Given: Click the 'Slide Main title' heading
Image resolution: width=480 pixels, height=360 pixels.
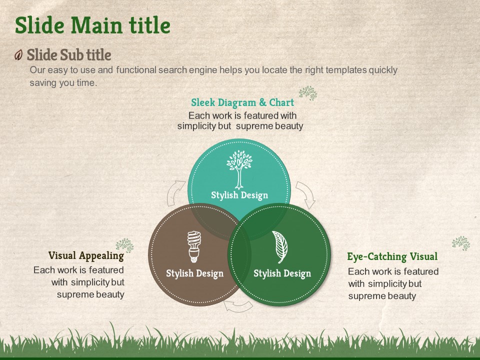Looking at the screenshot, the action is [x=92, y=25].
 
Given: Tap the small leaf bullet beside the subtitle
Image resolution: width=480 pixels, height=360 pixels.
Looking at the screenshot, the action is [x=18, y=55].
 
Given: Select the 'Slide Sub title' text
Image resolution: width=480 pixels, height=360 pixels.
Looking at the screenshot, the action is [x=69, y=55].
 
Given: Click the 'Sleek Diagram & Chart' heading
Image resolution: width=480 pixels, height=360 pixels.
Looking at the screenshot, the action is [x=242, y=102].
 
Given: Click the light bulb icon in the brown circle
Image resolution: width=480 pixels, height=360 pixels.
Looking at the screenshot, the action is [x=194, y=246].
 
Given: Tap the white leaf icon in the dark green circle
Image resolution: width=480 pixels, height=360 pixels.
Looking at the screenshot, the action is [x=280, y=247].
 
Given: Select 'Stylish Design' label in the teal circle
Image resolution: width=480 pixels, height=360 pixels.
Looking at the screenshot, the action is [x=239, y=195].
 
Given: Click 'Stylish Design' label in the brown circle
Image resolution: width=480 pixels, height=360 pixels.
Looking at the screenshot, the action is [x=194, y=273].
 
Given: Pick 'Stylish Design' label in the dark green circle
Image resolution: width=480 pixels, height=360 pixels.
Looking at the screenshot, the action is [x=282, y=273].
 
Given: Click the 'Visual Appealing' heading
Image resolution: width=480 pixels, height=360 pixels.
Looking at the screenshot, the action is [x=86, y=255].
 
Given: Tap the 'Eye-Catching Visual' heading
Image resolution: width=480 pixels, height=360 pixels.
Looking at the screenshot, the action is [x=392, y=256].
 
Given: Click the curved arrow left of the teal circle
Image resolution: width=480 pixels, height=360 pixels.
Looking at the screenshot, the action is [x=174, y=191].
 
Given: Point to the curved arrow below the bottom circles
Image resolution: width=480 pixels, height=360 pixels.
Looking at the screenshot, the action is [x=238, y=306].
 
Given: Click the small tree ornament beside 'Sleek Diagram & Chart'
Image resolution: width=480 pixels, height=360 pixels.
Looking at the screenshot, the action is [x=308, y=93].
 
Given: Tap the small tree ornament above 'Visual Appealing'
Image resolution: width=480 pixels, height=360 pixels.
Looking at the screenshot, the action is [x=125, y=245].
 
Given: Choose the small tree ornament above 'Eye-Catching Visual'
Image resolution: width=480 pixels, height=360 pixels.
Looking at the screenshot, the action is [x=461, y=243].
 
